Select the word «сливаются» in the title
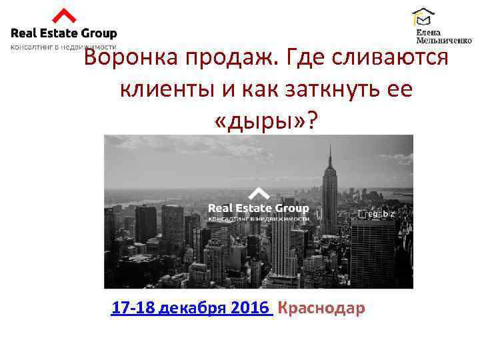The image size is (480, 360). [393, 59]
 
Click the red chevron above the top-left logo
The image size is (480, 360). [63, 16]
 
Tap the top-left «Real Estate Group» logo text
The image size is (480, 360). [63, 33]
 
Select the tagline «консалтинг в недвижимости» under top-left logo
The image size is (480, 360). [63, 47]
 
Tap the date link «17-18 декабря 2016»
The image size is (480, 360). [191, 309]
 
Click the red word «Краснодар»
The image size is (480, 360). [321, 309]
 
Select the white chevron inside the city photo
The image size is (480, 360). [259, 194]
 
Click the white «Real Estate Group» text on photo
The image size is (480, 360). [259, 209]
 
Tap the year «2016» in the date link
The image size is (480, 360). [251, 309]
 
